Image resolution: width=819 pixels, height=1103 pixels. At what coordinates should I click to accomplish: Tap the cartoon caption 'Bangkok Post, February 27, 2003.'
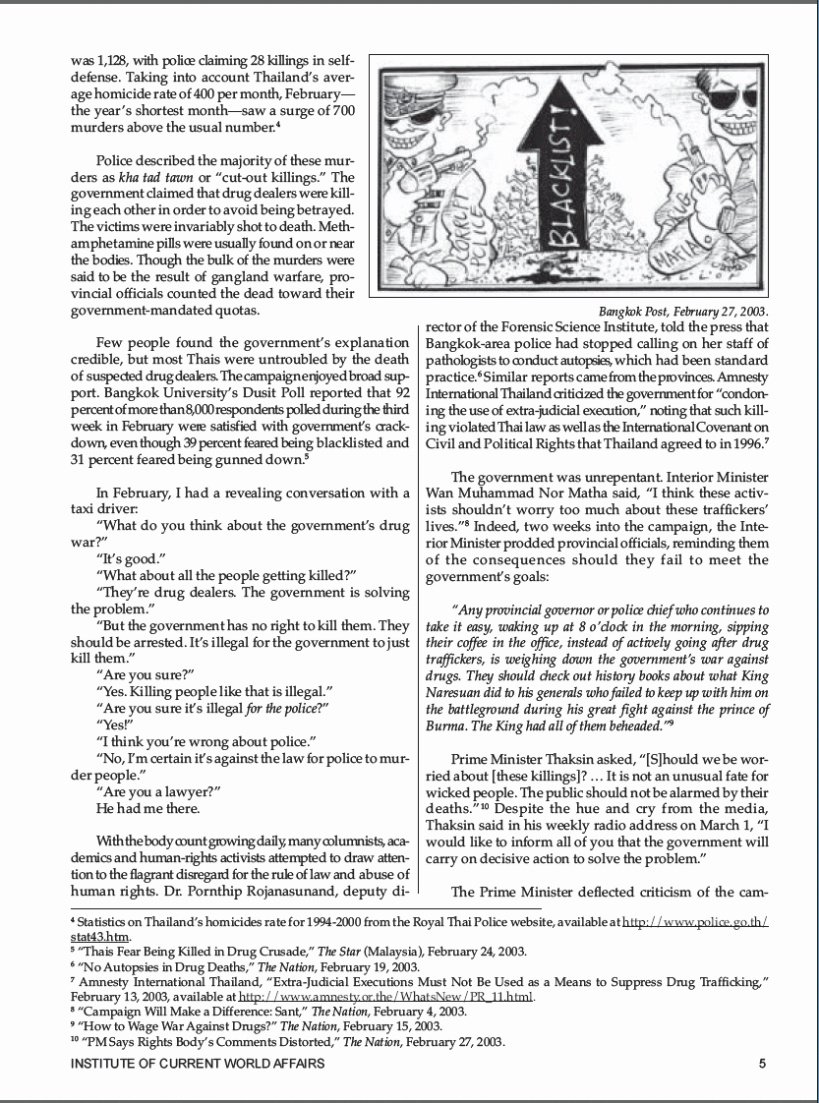(683, 312)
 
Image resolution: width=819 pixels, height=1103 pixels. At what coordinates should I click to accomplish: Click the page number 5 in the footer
(763, 1063)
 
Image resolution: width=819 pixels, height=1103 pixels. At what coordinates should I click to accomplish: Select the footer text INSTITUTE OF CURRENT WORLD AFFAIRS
(198, 1063)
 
